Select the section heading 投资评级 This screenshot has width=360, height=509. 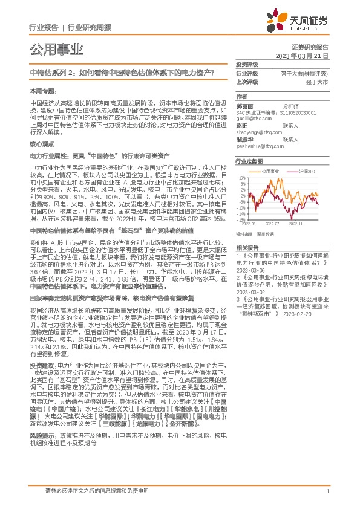pos(246,63)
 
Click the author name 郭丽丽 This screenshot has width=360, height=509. pos(244,105)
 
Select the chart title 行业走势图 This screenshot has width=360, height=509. pos(249,162)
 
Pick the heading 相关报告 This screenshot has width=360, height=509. pos(247,248)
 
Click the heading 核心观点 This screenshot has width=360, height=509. pos(41,146)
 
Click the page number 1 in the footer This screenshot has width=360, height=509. pos(327,492)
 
